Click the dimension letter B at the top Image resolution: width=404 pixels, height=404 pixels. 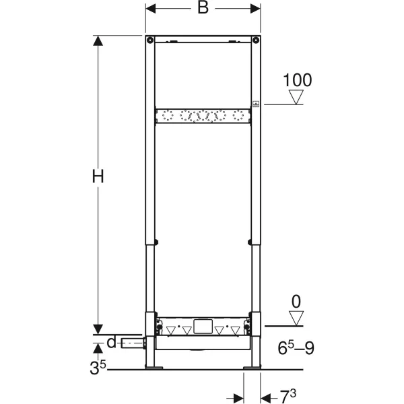pos(203,8)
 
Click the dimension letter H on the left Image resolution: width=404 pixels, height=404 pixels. pos(98,176)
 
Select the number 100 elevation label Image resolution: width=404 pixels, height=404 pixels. pos(298,80)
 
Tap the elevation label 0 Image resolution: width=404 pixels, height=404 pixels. pos(296,302)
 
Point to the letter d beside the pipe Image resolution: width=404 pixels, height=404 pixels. pos(112,343)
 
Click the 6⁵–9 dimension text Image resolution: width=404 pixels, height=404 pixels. pos(296,348)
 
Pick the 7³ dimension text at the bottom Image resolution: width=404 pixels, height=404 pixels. pos(288,397)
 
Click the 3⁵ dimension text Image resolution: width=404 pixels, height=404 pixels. pos(98,367)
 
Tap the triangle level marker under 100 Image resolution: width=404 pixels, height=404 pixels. pos(296,97)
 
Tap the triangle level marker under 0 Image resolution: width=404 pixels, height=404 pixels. pos(296,318)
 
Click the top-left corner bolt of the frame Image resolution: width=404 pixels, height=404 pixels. pos(150,40)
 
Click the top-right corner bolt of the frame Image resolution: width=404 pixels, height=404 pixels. pos(256,40)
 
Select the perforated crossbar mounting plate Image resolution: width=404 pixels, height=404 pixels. pos(203,116)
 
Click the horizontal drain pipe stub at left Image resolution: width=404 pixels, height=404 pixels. pos(133,343)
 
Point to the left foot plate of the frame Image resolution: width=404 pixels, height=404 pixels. pos(154,367)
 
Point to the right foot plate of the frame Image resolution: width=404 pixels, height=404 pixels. pos(252,367)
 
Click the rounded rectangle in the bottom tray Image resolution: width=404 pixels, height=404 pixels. pos(203,327)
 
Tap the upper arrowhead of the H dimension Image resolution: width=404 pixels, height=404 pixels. pos(98,40)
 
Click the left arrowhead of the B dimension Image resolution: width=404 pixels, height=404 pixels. pos(151,9)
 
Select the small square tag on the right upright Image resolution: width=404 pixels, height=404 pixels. pos(256,104)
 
